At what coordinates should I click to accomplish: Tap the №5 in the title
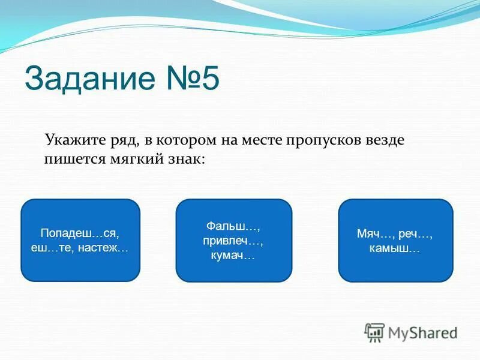coord(190,80)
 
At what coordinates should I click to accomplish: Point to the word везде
coord(385,141)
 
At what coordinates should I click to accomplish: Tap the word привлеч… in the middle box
coord(233,241)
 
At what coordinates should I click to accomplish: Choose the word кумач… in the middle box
coord(233,256)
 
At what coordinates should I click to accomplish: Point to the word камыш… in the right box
coord(395,248)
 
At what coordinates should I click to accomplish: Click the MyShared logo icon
coord(375,332)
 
